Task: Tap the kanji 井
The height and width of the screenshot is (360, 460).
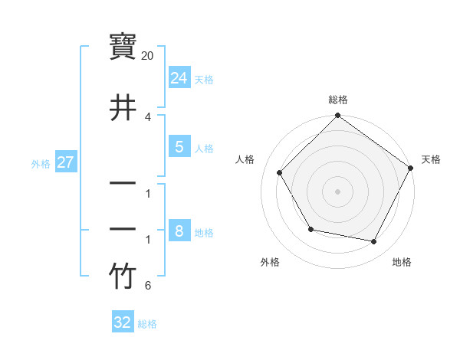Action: click(123, 107)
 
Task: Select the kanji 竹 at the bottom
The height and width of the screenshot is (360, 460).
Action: click(123, 277)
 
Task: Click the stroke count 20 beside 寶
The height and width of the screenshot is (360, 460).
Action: click(148, 56)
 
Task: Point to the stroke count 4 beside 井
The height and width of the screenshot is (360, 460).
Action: click(148, 116)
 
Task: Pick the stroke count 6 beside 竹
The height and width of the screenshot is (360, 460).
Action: click(148, 286)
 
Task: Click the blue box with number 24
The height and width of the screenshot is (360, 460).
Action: click(179, 78)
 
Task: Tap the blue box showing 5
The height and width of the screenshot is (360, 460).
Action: click(179, 147)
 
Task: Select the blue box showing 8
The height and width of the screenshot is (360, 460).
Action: click(179, 231)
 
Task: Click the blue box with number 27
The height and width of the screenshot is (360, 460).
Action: click(66, 162)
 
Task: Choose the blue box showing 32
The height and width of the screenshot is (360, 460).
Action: click(123, 322)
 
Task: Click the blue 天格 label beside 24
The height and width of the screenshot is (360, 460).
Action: click(204, 80)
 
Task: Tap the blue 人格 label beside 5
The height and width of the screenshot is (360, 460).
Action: click(204, 149)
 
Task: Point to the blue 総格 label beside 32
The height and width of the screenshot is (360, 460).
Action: click(147, 324)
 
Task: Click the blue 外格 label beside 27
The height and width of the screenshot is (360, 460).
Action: click(41, 164)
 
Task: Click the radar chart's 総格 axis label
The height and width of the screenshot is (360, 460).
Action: click(338, 100)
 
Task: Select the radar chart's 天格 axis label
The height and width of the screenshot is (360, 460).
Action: click(431, 159)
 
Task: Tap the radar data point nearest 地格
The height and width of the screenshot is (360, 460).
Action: click(374, 242)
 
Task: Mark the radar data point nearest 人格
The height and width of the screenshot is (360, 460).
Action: click(280, 173)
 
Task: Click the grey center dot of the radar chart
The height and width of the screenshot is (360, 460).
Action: click(338, 191)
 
